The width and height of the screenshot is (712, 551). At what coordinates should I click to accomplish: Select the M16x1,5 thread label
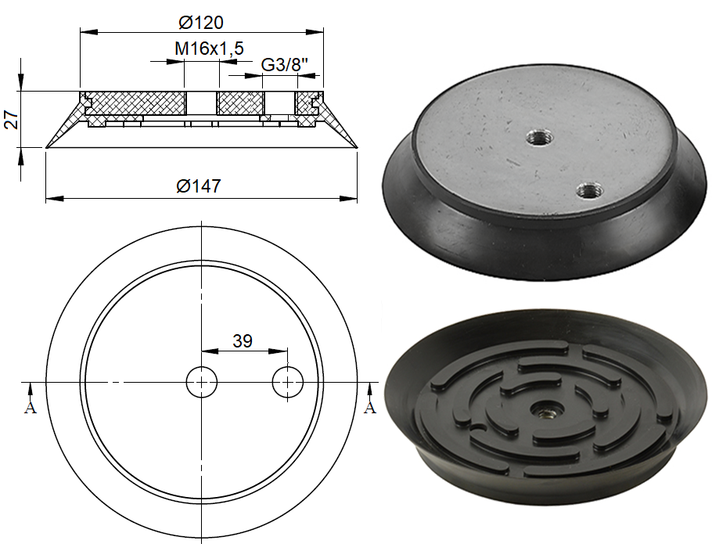205,49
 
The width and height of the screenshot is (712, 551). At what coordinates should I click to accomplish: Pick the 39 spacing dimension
243,340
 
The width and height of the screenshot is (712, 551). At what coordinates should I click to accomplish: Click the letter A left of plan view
31,408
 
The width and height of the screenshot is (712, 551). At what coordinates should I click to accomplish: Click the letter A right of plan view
370,408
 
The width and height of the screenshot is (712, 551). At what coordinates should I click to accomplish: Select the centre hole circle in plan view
202,382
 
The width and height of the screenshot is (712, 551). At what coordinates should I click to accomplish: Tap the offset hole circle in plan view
288,382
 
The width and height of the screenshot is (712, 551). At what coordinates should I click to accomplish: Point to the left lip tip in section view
47,146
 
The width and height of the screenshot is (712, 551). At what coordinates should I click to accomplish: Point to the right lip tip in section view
356,146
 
